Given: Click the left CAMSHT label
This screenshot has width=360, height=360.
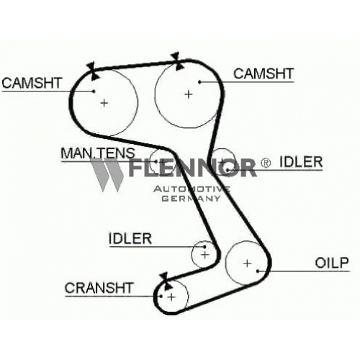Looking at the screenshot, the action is point(32,83).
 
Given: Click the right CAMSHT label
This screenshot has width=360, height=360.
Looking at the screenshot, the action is point(264,73).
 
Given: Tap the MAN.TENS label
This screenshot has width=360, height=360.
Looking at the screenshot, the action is point(98,153).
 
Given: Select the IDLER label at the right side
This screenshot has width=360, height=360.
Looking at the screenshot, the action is point(301,162).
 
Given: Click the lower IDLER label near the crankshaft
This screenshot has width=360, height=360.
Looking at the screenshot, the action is point(130,238).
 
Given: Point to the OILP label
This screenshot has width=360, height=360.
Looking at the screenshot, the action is point(332,263).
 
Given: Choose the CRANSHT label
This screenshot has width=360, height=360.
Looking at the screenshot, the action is point(99,288).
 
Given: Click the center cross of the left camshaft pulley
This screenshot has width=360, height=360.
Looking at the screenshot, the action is point(104,103).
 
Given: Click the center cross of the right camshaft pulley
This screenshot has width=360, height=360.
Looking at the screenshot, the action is point(189,94).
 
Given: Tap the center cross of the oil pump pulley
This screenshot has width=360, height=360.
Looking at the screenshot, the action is point(247,264).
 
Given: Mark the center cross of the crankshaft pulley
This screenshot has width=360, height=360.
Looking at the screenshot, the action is point(171,297).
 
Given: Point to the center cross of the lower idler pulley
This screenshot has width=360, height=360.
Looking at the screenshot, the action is point(205,255).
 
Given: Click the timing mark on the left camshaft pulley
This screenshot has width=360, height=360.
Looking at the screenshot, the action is point(93,71).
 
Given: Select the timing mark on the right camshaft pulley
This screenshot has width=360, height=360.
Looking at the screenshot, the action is point(177,61).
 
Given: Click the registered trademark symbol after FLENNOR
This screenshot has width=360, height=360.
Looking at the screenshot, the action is point(266,163).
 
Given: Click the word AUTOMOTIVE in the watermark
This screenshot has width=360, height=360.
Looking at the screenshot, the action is point(192,189).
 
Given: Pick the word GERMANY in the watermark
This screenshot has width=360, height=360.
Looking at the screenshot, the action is point(191,198).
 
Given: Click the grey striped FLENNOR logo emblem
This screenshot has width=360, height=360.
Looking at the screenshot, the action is point(107,175).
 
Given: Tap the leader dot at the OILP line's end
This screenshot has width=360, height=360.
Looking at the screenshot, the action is point(258,271).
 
